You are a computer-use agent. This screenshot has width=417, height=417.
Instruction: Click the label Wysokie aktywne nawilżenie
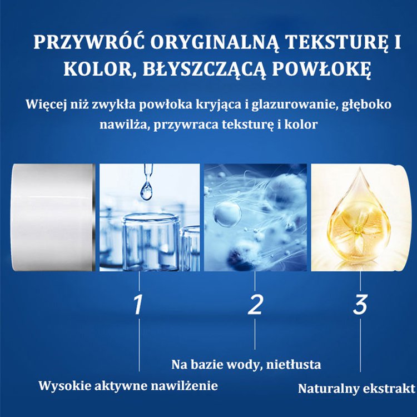[128, 385]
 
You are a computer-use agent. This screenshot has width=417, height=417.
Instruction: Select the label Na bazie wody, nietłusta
[246, 365]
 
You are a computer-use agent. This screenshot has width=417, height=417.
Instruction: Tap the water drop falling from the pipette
[146, 190]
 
